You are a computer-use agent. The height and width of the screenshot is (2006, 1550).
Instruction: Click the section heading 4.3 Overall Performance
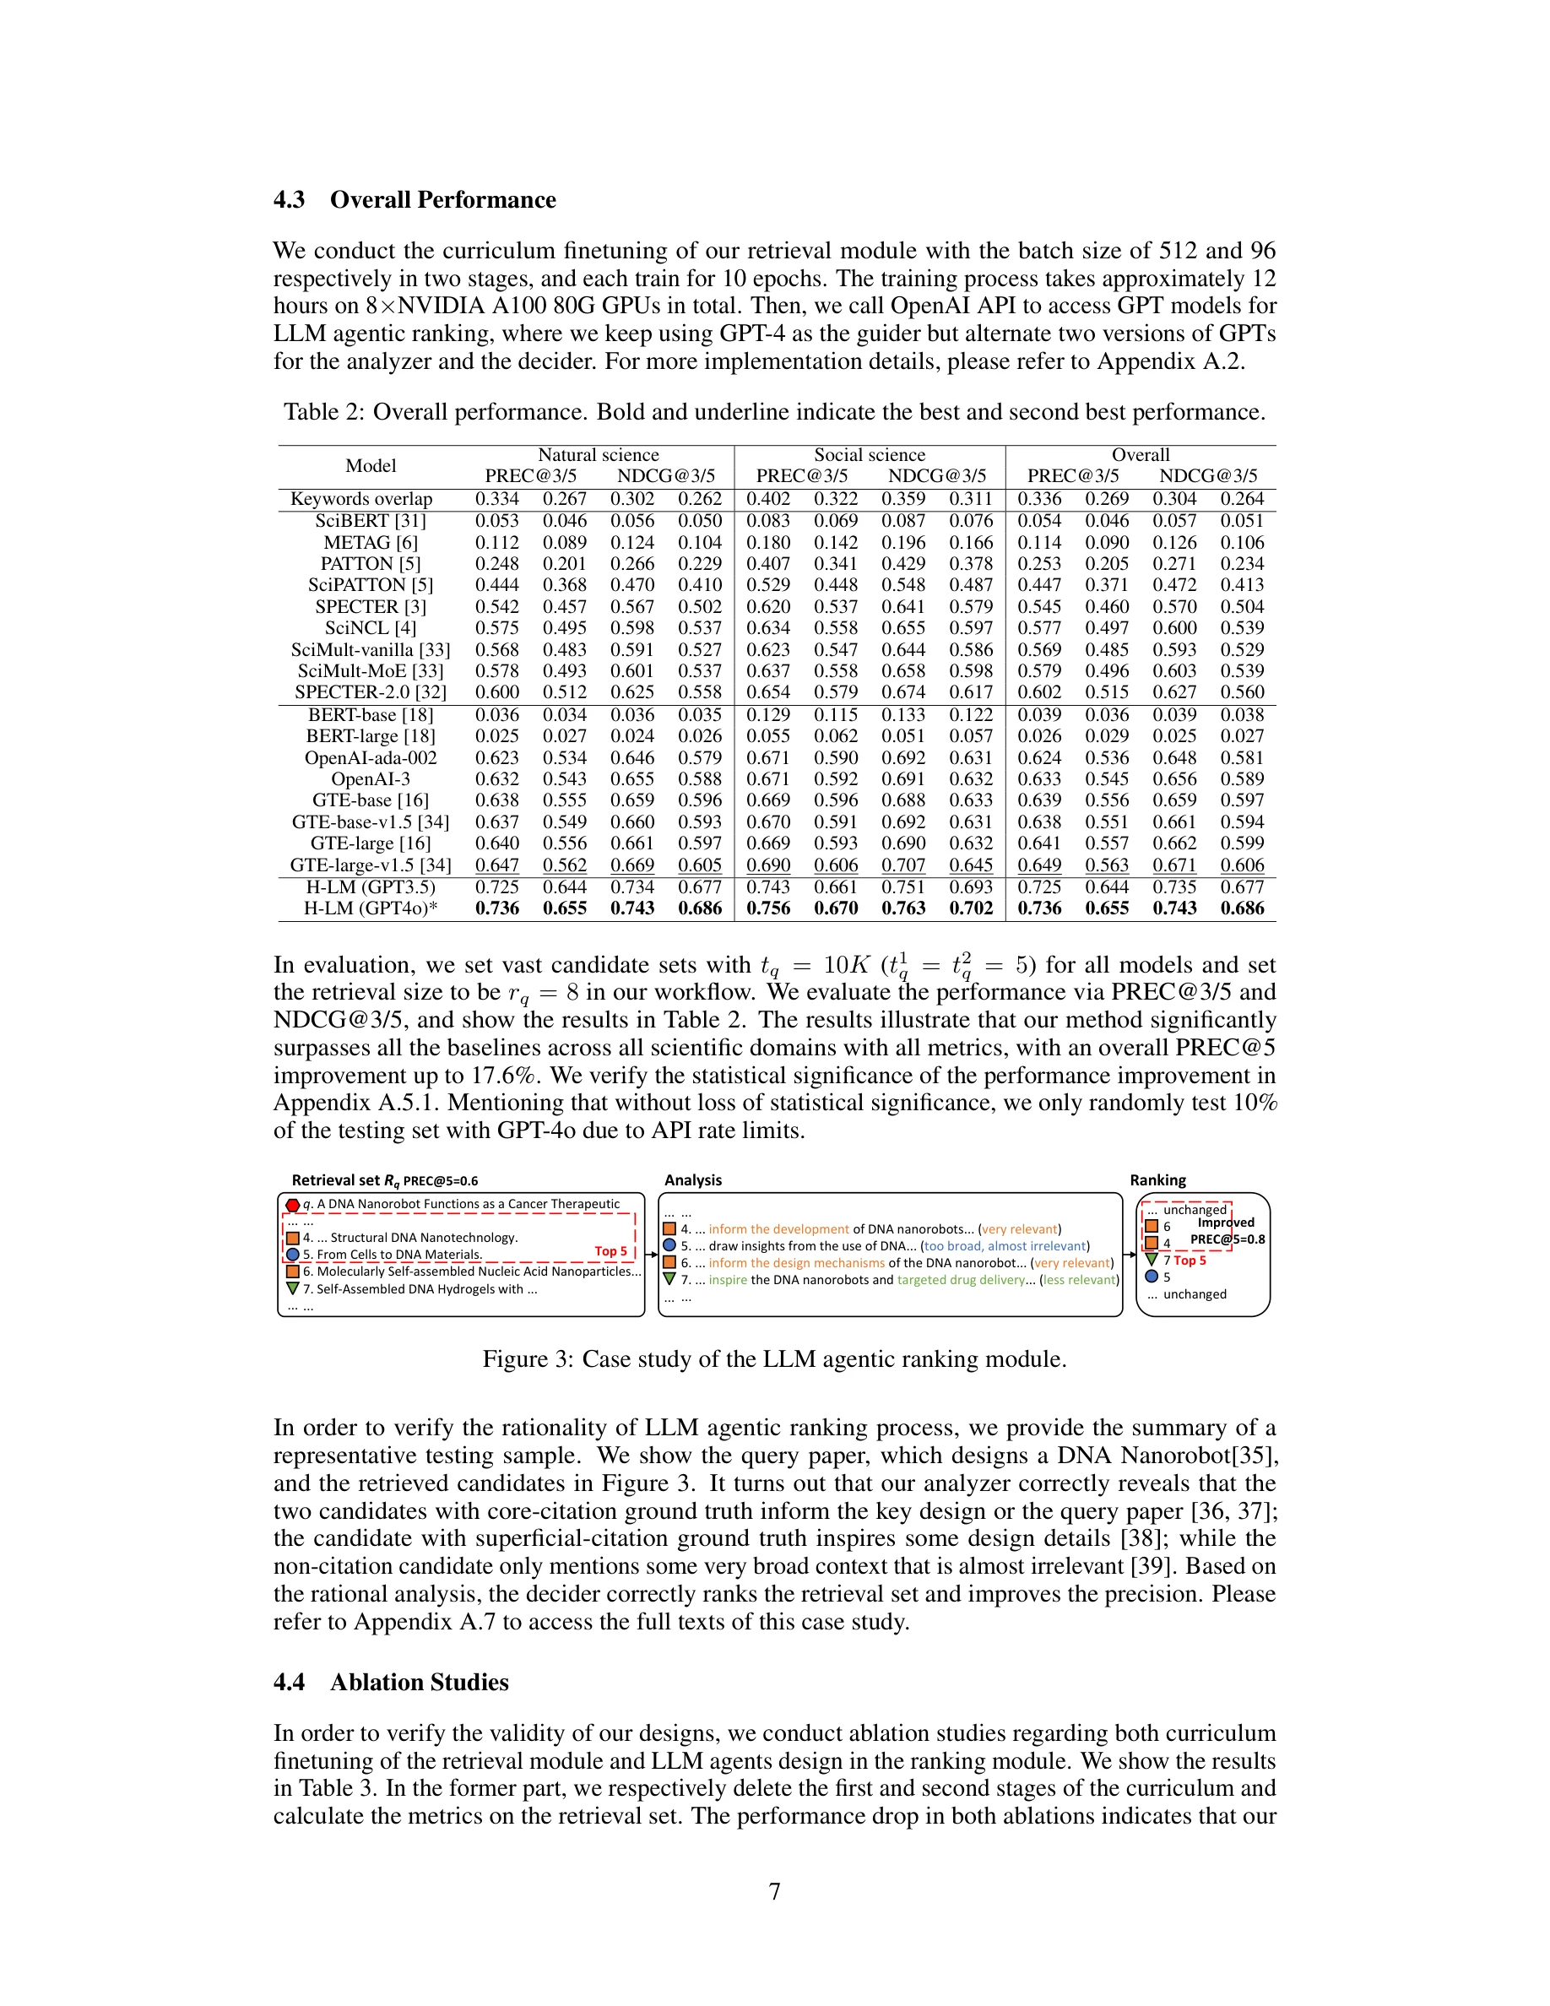(415, 200)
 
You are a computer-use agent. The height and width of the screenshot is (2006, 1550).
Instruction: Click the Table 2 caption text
(774, 412)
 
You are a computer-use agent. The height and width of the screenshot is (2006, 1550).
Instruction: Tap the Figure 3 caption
(774, 1359)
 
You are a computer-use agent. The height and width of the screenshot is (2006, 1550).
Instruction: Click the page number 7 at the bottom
(774, 1891)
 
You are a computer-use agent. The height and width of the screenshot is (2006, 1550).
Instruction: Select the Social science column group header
(869, 455)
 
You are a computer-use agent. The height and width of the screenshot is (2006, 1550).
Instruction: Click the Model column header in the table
(370, 466)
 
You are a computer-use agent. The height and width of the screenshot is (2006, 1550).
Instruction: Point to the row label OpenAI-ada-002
(370, 758)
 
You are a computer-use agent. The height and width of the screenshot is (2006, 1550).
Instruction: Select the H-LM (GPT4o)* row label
(370, 908)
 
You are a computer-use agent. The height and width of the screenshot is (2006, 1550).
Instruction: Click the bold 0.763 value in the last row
(903, 908)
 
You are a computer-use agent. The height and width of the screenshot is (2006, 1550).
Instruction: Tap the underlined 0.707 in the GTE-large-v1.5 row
(903, 865)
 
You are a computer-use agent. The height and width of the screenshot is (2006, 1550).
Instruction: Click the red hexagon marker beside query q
(292, 1205)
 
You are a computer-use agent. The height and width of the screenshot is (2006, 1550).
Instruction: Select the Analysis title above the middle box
(692, 1180)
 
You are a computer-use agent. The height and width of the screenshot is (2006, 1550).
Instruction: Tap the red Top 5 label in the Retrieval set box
(610, 1251)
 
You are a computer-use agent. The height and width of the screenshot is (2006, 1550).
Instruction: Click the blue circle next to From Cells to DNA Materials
(292, 1255)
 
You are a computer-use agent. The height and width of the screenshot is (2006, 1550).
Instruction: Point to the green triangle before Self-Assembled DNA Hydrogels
(292, 1288)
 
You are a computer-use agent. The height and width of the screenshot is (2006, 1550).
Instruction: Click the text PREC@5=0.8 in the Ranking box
(1227, 1240)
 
